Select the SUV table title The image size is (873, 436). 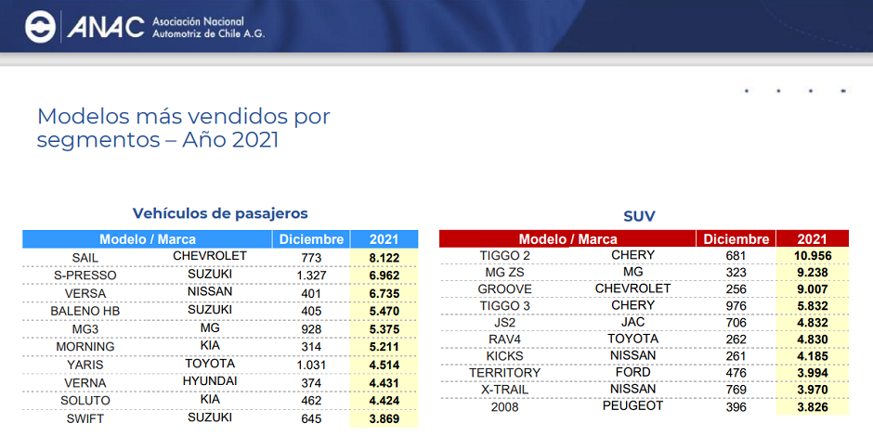pos(640,215)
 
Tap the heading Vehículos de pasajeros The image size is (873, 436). pos(220,213)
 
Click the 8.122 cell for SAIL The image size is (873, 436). pos(384,257)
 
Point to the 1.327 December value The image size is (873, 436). pos(311,276)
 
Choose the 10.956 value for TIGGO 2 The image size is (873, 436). pos(812,255)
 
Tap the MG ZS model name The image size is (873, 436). pos(504,272)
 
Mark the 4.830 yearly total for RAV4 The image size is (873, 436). pos(812,339)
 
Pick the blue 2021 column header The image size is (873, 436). pos(384,238)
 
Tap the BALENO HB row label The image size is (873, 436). pos(85,310)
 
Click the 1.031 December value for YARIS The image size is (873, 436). pos(311,364)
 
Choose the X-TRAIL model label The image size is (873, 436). pos(504,390)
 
